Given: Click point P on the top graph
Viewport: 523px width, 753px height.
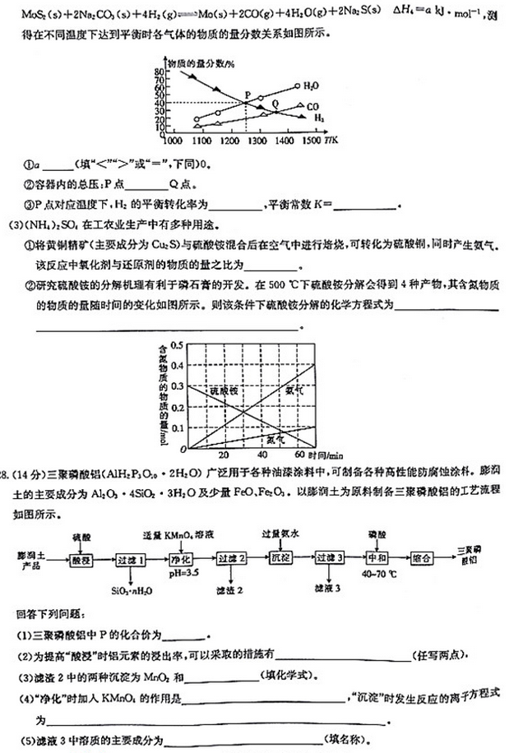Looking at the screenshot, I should (247, 102).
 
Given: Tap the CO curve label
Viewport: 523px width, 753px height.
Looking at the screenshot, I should (312, 106).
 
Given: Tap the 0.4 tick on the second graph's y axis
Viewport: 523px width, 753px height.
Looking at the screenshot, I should (182, 365).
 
